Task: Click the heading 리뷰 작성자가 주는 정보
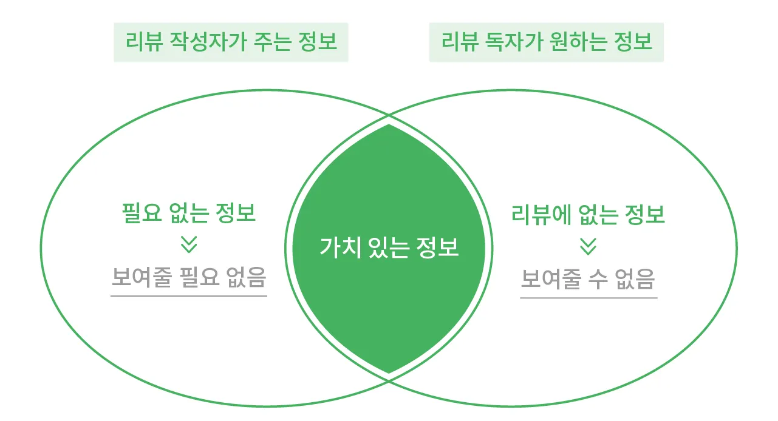(x=231, y=42)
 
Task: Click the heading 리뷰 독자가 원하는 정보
(x=547, y=42)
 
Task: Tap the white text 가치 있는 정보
(x=389, y=248)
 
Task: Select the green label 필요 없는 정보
(x=189, y=214)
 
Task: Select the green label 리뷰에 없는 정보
(x=589, y=214)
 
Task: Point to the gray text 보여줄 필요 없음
(x=189, y=278)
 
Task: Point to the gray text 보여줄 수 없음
(x=589, y=279)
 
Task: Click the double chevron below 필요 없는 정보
(x=189, y=244)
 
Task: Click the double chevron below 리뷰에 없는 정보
(x=588, y=246)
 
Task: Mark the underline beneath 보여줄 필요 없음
(x=189, y=296)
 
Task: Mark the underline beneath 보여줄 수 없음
(x=589, y=298)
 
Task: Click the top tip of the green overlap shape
(x=389, y=126)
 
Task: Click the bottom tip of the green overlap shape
(x=389, y=372)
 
